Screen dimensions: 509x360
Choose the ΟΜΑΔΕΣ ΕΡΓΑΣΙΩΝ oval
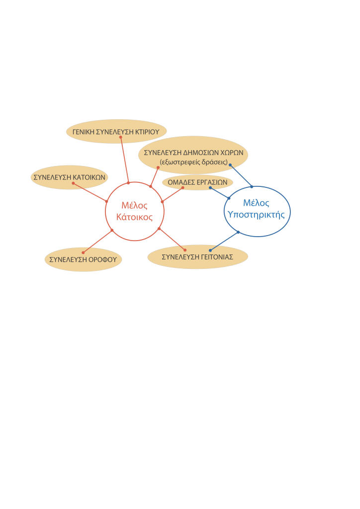tap(197, 182)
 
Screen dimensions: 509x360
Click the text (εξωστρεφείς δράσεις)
tap(194, 162)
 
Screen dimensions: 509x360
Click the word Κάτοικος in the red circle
tap(134, 217)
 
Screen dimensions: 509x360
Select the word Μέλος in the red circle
tap(134, 206)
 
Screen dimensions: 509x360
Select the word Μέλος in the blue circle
tap(256, 203)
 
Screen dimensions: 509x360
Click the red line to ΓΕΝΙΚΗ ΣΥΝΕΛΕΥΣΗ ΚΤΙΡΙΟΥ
tap(124, 159)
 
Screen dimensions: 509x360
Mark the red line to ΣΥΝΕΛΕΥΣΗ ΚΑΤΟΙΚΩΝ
tap(90, 192)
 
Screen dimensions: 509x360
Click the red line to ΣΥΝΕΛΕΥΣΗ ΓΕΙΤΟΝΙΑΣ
tap(172, 239)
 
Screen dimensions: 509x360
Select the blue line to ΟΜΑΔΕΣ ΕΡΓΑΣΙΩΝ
tap(220, 193)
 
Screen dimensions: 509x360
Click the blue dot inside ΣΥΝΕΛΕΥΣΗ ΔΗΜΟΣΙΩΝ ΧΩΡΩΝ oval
tap(230, 165)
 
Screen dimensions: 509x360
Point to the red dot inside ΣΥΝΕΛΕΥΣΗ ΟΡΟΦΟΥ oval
tap(83, 253)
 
